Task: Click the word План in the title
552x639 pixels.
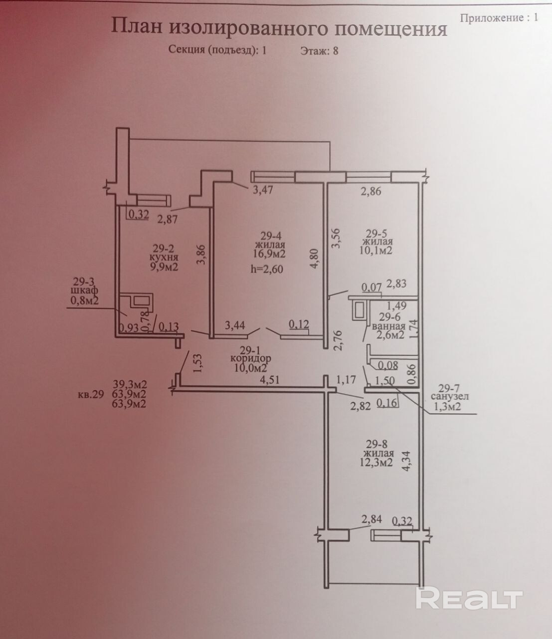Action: [x=137, y=26]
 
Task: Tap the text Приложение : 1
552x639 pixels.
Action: [x=499, y=17]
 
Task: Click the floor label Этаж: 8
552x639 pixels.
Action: [x=319, y=50]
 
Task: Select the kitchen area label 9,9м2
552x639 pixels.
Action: [x=164, y=267]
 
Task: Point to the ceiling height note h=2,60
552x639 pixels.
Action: [x=267, y=269]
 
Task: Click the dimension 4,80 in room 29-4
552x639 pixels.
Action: [x=315, y=259]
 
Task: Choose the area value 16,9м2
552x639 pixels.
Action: [x=269, y=254]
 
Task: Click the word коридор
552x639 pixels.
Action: [x=251, y=358]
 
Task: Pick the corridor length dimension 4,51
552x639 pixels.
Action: [x=270, y=379]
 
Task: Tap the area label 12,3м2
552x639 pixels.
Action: [x=376, y=462]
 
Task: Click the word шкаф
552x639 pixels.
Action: [x=85, y=291]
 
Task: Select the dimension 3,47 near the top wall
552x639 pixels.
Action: [x=263, y=190]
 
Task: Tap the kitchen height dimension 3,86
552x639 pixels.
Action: [x=201, y=255]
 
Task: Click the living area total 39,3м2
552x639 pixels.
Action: [x=129, y=384]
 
